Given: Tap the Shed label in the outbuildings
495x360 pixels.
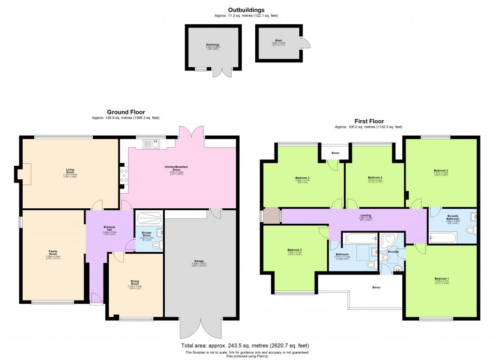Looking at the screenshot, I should (x=278, y=41).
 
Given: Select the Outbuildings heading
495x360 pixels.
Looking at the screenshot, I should (x=246, y=10).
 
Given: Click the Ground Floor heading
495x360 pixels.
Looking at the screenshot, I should (x=126, y=112).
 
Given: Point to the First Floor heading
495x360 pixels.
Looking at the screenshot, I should (x=368, y=121).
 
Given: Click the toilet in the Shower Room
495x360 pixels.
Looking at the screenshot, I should (x=156, y=245).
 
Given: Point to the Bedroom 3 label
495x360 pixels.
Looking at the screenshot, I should (x=302, y=177).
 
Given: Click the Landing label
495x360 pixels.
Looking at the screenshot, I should (x=365, y=216).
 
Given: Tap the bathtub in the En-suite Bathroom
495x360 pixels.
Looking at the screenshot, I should (x=443, y=237).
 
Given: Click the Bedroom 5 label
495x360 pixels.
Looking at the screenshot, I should (x=295, y=250).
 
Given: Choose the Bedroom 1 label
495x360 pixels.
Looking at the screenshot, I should (x=441, y=279).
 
